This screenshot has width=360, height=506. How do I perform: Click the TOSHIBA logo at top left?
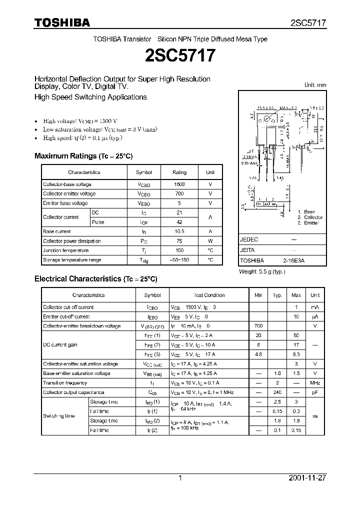62,22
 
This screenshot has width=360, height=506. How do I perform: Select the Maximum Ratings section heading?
83,156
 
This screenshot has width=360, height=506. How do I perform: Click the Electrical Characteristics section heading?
95,278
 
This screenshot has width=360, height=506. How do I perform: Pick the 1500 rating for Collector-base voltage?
179,184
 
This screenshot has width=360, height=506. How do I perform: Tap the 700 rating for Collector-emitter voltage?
179,194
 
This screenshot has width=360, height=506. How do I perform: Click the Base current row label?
57,231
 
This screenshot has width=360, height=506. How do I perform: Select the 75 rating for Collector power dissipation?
179,241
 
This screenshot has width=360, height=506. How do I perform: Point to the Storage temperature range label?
72,260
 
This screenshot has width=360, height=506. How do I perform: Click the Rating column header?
179,172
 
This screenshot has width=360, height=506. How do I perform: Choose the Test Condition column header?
209,295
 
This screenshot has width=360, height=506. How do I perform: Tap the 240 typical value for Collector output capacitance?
277,392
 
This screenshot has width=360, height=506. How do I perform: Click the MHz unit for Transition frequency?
315,383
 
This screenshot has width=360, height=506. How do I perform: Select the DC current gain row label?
60,345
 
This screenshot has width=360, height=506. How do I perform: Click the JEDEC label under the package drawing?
249,239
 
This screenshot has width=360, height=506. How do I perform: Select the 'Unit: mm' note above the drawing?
315,85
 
